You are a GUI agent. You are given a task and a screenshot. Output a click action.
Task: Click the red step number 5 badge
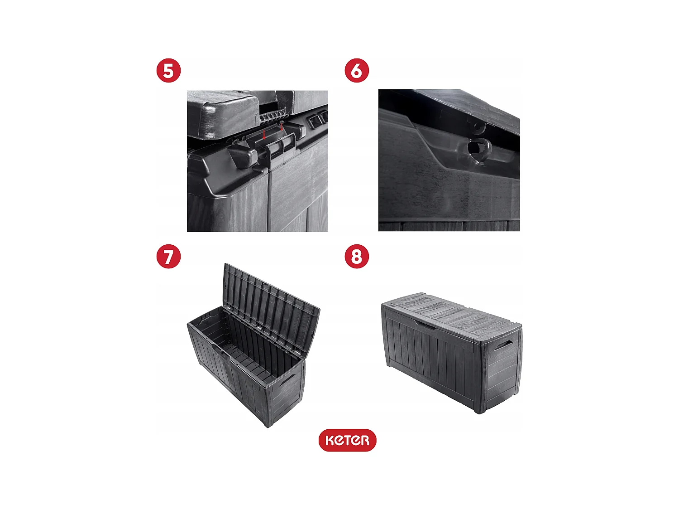(168, 71)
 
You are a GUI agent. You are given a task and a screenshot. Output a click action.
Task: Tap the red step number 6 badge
(357, 71)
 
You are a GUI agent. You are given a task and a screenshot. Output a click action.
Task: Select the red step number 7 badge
(168, 257)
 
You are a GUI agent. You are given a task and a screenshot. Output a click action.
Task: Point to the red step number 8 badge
(357, 257)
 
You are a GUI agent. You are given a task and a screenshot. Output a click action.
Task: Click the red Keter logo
(347, 440)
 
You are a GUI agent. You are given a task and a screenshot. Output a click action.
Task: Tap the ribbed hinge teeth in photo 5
(272, 117)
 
